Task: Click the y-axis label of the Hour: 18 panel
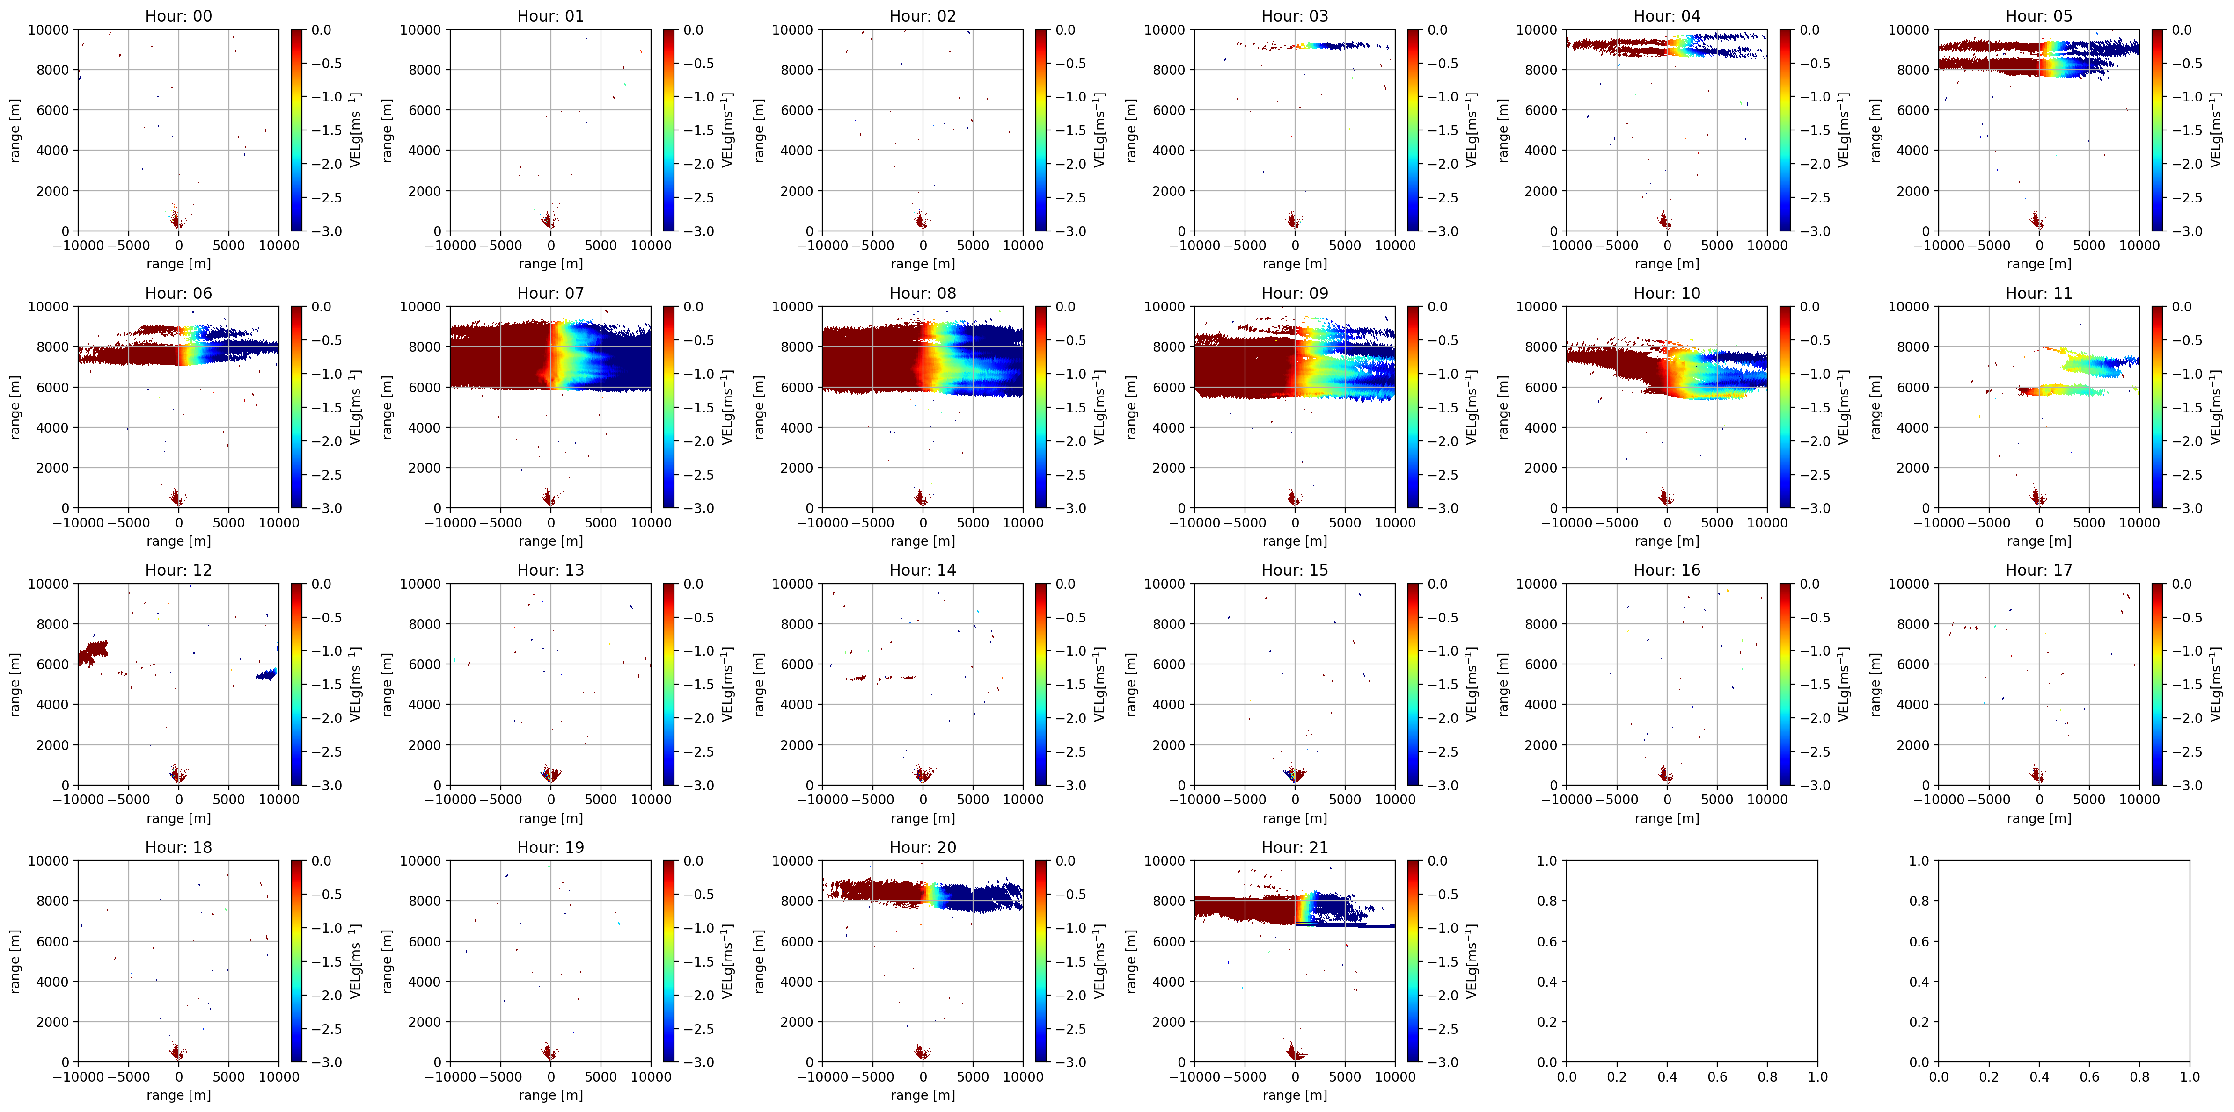point(15,960)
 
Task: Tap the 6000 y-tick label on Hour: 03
point(1168,110)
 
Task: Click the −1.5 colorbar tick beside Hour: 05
point(2186,130)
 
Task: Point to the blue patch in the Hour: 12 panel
point(266,673)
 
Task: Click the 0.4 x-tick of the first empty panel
point(1667,1076)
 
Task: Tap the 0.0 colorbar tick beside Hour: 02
point(1065,29)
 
